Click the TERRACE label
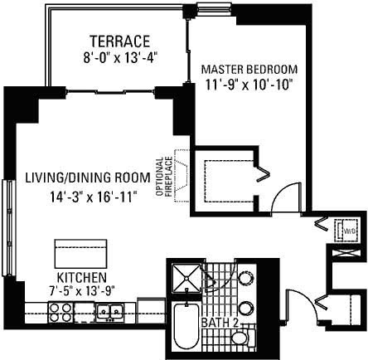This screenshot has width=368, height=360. (x=120, y=41)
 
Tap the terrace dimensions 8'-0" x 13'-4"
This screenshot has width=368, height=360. (x=120, y=58)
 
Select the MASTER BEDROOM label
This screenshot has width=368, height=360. (x=249, y=69)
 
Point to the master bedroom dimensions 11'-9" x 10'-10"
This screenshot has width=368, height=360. (x=249, y=85)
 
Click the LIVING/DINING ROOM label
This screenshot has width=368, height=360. (x=88, y=178)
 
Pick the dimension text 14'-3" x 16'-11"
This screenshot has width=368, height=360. (x=94, y=197)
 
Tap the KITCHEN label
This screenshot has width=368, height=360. (x=81, y=277)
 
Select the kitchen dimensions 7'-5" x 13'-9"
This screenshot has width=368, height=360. (x=82, y=290)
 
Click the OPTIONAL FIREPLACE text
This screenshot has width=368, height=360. (x=164, y=177)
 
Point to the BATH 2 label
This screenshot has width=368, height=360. (x=220, y=323)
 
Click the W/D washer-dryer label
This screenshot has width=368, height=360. (x=350, y=231)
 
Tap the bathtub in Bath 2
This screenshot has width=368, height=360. (x=186, y=327)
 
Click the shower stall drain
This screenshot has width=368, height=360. (x=186, y=278)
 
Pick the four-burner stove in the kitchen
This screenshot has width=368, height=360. (x=61, y=313)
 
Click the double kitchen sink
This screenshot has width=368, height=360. (x=110, y=313)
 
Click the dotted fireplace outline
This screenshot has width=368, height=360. (x=182, y=176)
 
